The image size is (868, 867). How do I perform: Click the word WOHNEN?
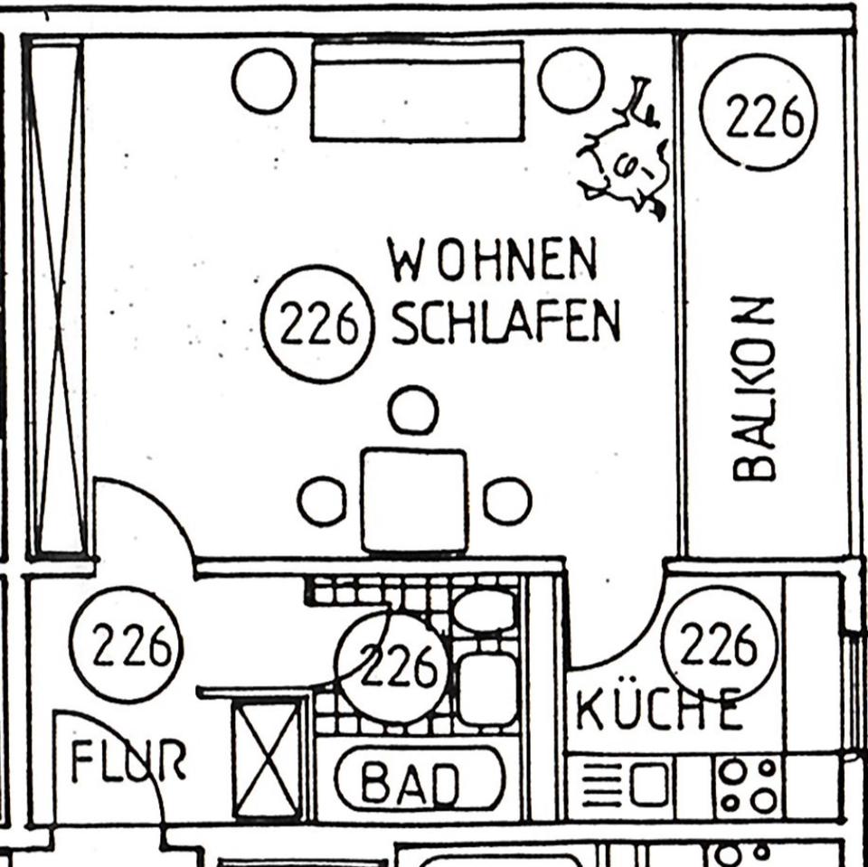(x=493, y=259)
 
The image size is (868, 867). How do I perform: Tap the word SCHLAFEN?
(x=506, y=322)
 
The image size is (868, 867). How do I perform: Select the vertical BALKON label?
(x=754, y=388)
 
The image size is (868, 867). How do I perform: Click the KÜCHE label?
(x=659, y=712)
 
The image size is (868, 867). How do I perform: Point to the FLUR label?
(x=128, y=762)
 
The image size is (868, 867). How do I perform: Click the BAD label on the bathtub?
(x=419, y=783)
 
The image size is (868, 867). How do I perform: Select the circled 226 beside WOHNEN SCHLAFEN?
(x=317, y=323)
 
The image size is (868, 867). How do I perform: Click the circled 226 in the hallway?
(x=127, y=645)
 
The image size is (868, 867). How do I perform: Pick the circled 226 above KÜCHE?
(x=720, y=643)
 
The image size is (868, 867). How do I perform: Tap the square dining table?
(x=414, y=501)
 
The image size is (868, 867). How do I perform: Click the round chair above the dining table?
(x=413, y=410)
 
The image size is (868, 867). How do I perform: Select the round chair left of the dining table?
(x=322, y=502)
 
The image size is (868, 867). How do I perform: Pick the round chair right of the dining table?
(x=507, y=501)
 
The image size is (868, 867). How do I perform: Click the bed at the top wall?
(x=418, y=90)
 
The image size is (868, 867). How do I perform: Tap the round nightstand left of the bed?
(x=264, y=80)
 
